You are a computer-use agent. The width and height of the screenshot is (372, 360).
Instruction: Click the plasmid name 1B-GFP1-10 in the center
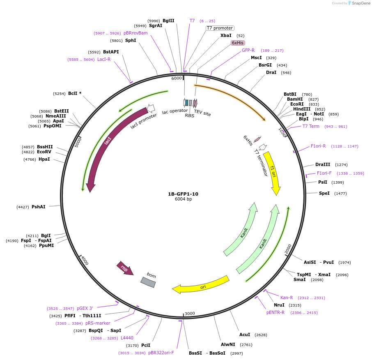pos(183,194)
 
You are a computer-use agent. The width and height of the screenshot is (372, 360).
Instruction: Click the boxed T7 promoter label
pos(220,28)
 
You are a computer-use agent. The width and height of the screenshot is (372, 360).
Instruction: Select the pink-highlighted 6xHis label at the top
pos(238,43)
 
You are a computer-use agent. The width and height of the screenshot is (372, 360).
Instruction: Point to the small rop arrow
pos(125,268)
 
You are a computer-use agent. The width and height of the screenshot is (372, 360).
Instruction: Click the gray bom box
pos(148,282)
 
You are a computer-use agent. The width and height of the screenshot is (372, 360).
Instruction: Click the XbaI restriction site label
pos(226,36)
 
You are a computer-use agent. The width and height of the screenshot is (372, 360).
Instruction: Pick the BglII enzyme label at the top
pos(168,21)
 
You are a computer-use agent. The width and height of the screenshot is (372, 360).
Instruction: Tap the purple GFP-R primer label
pos(248,51)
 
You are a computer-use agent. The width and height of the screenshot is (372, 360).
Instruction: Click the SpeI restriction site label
pos(324,193)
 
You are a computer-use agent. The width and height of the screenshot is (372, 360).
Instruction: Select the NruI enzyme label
pos(279,305)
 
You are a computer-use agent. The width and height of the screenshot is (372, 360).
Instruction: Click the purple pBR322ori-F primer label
pos(161,353)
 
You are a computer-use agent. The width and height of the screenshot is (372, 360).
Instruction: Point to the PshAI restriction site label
pos(39,207)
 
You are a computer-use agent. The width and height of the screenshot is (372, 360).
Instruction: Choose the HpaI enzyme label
pos(44,159)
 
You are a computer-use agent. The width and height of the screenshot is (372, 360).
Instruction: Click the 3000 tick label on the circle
pos(190,314)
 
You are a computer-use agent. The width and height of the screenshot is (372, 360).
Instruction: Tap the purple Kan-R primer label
pos(287,298)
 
